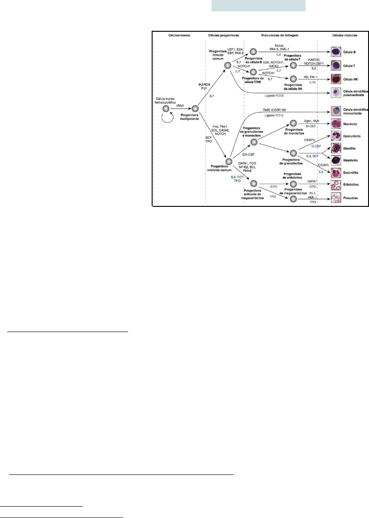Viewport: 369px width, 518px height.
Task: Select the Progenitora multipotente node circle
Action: [x=196, y=109]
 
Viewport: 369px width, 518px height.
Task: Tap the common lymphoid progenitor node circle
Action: [x=228, y=65]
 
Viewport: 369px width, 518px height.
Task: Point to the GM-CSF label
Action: [x=248, y=155]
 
